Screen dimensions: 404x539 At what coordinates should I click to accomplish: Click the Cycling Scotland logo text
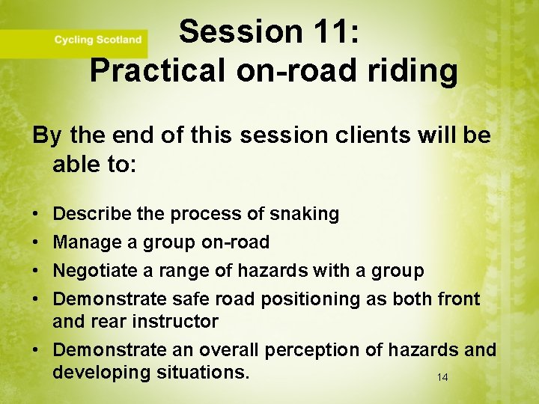click(x=97, y=40)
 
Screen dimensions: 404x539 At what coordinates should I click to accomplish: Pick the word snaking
click(x=304, y=214)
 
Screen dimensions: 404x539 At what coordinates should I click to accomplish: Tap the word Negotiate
click(x=89, y=271)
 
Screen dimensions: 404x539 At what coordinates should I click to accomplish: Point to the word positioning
click(x=311, y=299)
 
